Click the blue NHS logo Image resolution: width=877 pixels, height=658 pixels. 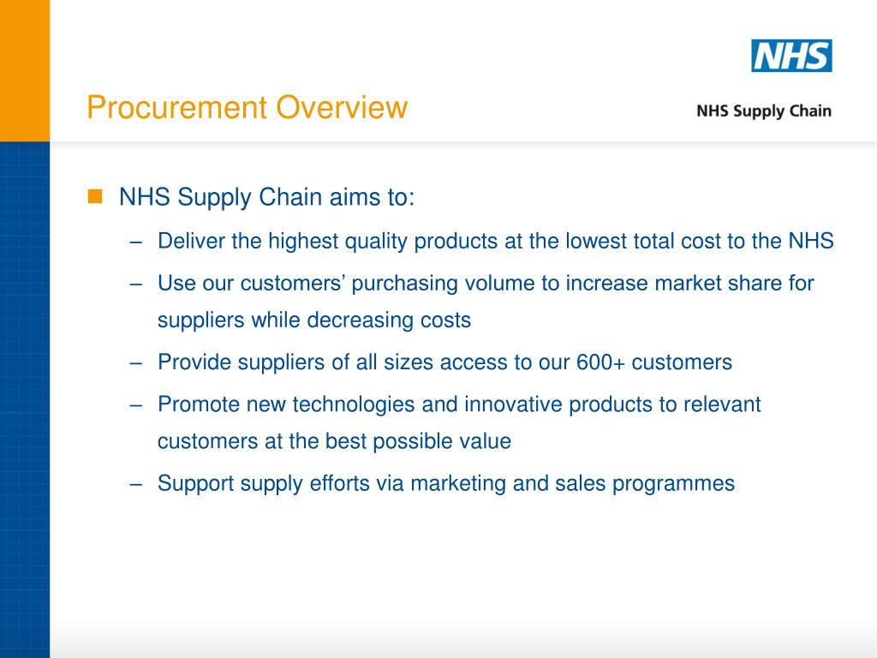791,56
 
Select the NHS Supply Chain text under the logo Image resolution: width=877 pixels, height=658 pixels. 763,111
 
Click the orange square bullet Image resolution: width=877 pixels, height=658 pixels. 94,197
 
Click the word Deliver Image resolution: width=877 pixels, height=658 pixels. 191,242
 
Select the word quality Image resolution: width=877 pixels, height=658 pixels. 377,242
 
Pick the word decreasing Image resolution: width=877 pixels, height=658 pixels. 360,320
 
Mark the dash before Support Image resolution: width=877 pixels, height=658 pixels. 136,484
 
